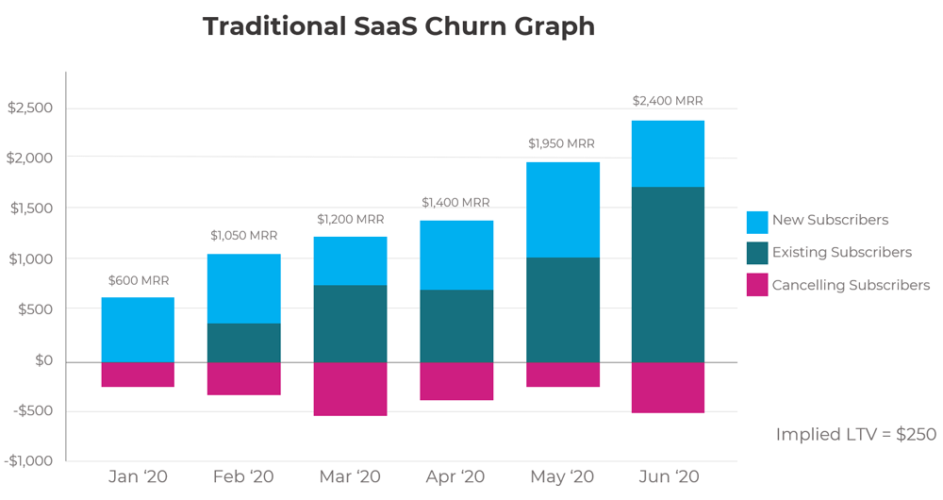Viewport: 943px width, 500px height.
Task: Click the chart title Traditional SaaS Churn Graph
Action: (398, 26)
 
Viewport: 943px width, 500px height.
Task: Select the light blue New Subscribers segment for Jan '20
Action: (138, 329)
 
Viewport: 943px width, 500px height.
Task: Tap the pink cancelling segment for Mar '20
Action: (350, 389)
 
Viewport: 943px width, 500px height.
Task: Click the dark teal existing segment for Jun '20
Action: (669, 274)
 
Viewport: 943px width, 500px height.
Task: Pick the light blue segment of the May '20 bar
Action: (563, 209)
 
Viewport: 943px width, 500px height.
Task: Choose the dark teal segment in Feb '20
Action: (244, 342)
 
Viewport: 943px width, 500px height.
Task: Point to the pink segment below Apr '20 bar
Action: (456, 381)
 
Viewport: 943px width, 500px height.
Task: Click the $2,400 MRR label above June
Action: (668, 101)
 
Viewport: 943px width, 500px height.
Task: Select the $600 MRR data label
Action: (139, 280)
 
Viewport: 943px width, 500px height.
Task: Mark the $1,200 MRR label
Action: (350, 219)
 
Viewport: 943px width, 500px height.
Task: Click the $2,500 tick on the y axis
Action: (30, 108)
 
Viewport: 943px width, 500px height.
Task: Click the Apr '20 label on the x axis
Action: (456, 476)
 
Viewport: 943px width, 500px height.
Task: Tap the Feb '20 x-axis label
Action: (244, 476)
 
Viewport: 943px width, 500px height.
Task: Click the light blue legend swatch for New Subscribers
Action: (757, 222)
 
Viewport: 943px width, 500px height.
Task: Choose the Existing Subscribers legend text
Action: (841, 252)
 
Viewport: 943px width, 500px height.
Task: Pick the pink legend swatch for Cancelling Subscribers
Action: (757, 285)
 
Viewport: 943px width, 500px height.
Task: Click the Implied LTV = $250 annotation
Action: (855, 434)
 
